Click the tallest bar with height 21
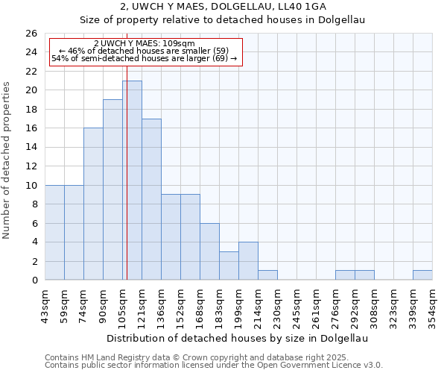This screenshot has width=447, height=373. (x=132, y=180)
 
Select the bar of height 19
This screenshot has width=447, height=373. (x=112, y=189)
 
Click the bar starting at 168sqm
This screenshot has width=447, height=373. (x=209, y=251)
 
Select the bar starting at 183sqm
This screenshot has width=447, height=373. (x=229, y=266)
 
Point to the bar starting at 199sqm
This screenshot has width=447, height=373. (x=248, y=261)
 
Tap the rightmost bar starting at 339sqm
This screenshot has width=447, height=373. (x=422, y=275)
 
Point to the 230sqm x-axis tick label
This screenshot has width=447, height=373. (x=277, y=304)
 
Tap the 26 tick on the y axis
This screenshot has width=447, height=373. (x=31, y=34)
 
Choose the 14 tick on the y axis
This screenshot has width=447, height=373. (x=31, y=147)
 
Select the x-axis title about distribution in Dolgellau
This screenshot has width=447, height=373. (x=238, y=338)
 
